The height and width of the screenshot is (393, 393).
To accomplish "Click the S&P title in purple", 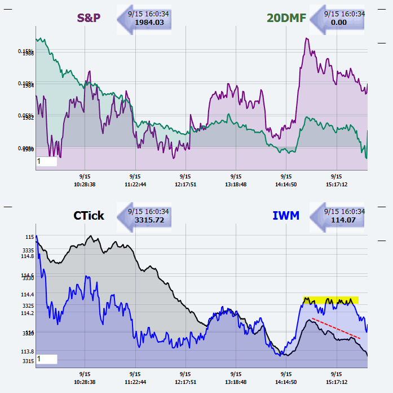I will coord(89,18).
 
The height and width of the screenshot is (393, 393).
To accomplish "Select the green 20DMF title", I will coord(286,18).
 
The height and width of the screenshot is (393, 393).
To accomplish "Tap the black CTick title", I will coord(89,215).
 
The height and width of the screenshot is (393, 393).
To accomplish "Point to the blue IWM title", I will coord(286,215).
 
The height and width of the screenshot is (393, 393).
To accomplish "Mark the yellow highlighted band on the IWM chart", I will coord(330,300).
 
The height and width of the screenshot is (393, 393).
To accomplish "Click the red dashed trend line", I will coord(336,328).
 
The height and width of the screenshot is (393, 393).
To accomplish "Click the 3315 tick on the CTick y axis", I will coord(28,361).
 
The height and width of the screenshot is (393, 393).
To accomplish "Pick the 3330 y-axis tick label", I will coord(28,278).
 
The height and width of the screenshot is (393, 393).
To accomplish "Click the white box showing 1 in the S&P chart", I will coord(47,161).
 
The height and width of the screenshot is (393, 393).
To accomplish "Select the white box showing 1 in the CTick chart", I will coord(47,359).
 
